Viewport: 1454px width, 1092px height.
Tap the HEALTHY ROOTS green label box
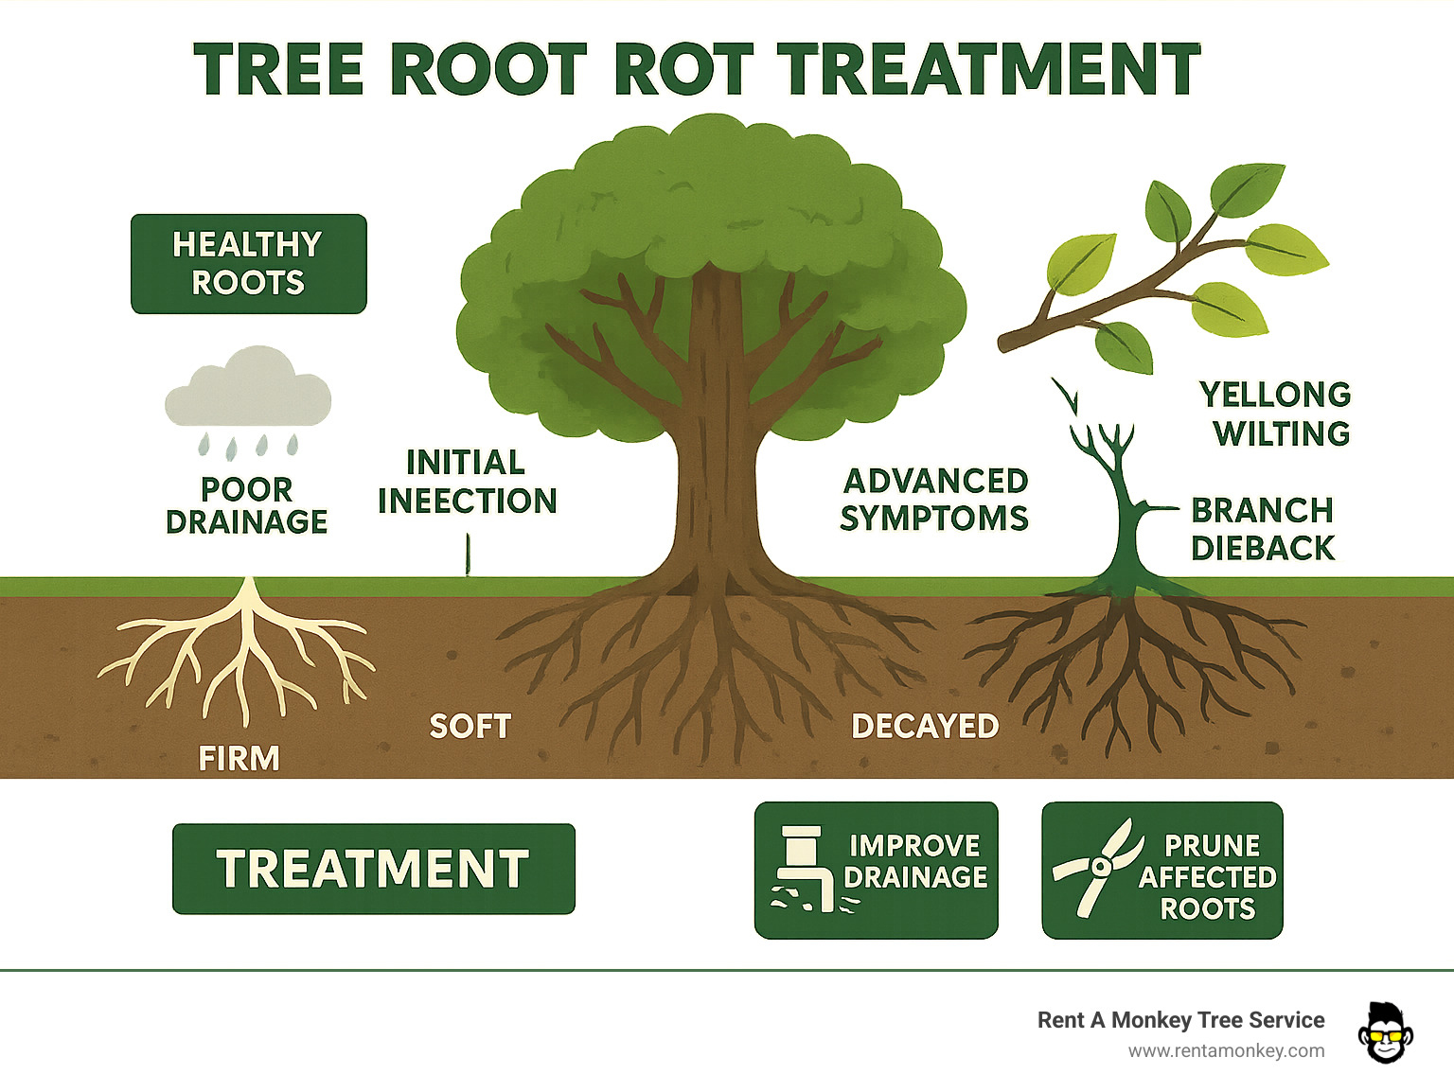click(x=248, y=264)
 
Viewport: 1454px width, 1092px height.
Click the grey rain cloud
click(x=248, y=390)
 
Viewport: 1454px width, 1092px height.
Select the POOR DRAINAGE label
click(x=246, y=505)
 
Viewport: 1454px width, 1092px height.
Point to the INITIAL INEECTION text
click(x=467, y=482)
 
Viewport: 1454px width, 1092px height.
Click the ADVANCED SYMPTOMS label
click(x=934, y=500)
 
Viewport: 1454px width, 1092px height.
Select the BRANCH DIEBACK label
click(x=1262, y=529)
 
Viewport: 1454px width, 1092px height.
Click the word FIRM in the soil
click(x=239, y=758)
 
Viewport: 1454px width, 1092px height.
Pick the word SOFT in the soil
click(x=470, y=726)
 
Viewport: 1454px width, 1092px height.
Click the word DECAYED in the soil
click(x=925, y=726)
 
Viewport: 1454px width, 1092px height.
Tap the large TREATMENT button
click(x=373, y=869)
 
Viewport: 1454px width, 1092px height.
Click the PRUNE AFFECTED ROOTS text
click(x=1208, y=876)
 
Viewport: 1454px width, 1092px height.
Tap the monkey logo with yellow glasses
click(x=1385, y=1032)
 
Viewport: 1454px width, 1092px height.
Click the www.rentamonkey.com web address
click(x=1226, y=1050)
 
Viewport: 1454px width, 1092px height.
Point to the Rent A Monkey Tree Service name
click(x=1180, y=1020)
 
